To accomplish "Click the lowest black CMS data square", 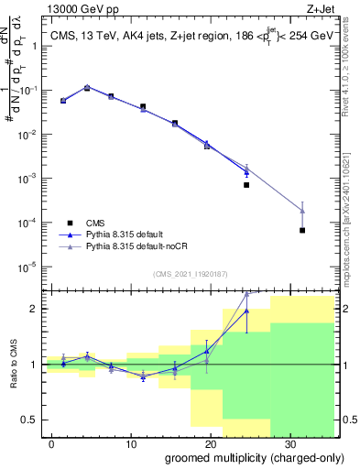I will [x=302, y=230].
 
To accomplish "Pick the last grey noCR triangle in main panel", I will [x=302, y=211].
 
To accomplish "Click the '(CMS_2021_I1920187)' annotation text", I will [x=190, y=274].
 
